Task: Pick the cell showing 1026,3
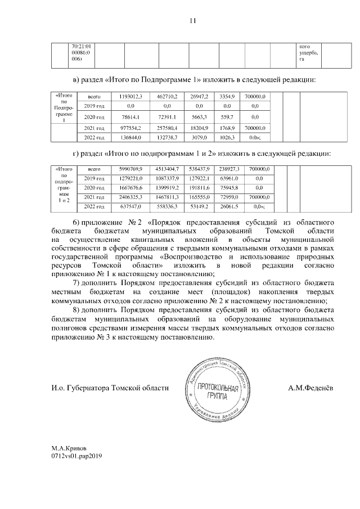(228, 137)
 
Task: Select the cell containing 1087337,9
(167, 178)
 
